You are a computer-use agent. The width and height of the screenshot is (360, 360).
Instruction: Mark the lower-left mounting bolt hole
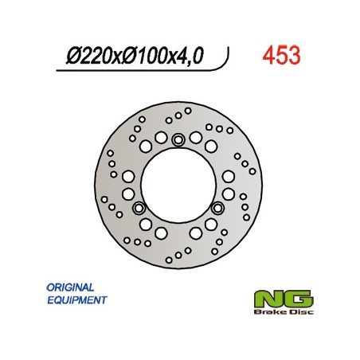click(140, 209)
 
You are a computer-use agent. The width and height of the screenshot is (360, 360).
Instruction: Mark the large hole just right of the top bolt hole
click(198, 147)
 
